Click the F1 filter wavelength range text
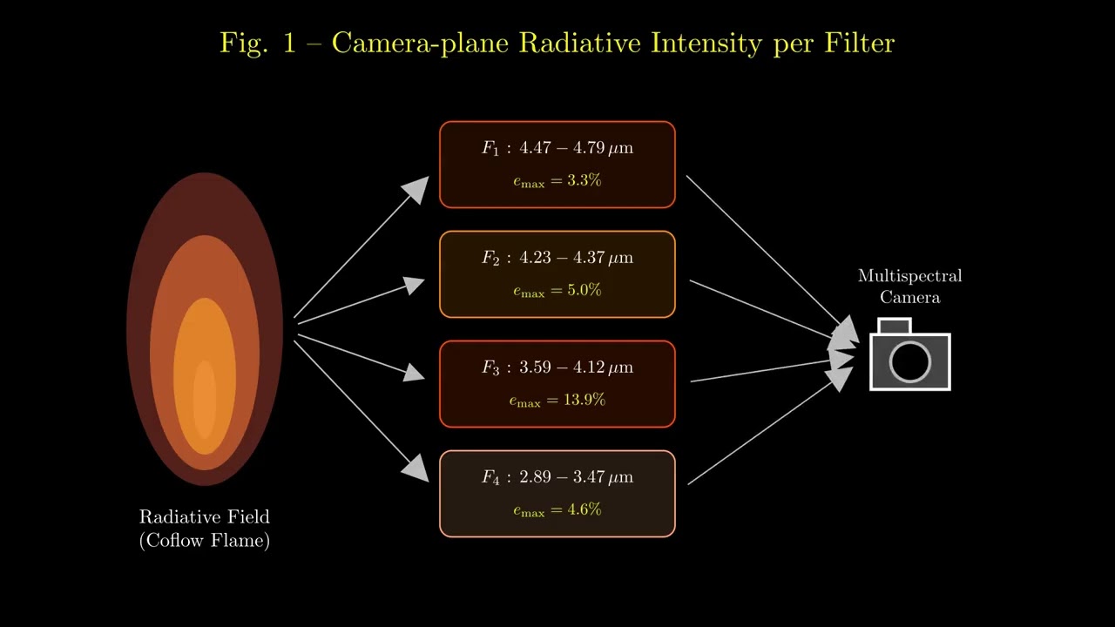[557, 148]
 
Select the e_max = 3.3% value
[557, 181]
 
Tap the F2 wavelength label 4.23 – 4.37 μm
[557, 258]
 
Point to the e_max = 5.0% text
[557, 291]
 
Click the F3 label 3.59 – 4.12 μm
[557, 367]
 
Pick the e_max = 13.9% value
[557, 401]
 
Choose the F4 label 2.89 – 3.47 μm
[557, 477]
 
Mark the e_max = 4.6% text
[557, 510]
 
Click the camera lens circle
[909, 361]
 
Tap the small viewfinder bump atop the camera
[895, 327]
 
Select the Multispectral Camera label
[909, 287]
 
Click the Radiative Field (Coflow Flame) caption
[205, 529]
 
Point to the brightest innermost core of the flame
[205, 399]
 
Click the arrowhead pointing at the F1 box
[417, 189]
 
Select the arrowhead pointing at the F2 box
[414, 285]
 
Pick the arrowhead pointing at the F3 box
[414, 373]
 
